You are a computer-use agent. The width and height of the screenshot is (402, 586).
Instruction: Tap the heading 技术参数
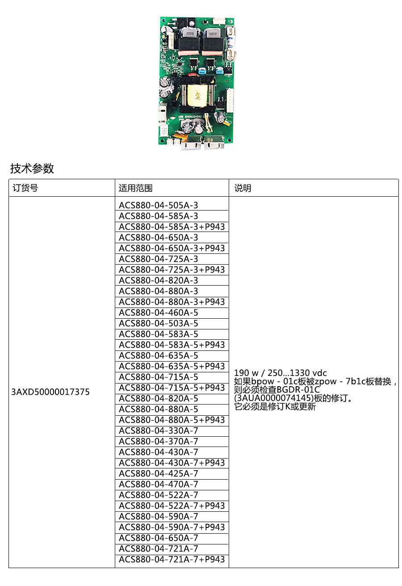[x=32, y=169]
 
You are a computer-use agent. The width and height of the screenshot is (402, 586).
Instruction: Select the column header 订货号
[x=25, y=188]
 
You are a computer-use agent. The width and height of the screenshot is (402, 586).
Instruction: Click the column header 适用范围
[x=135, y=188]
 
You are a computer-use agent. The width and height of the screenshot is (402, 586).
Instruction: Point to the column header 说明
[x=243, y=188]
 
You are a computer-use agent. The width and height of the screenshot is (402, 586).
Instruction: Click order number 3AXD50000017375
[x=50, y=392]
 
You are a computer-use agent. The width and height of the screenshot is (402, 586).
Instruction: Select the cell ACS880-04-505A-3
[x=158, y=205]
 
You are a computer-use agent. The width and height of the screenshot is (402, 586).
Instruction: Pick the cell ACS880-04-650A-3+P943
[x=172, y=248]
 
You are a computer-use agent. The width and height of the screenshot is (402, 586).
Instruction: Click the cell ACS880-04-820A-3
[x=158, y=280]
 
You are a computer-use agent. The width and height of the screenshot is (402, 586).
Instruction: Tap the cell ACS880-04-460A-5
[x=158, y=312]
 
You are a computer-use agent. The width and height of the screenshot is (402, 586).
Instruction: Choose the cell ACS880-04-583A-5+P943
[x=172, y=345]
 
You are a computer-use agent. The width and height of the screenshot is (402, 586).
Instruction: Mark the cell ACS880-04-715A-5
[x=158, y=377]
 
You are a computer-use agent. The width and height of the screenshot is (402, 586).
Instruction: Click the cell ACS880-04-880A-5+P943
[x=172, y=420]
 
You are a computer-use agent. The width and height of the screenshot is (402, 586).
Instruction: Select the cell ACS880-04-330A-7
[x=158, y=430]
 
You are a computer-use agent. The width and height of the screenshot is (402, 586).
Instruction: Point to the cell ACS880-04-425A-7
[x=158, y=473]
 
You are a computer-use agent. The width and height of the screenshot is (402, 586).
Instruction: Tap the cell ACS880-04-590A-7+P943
[x=172, y=527]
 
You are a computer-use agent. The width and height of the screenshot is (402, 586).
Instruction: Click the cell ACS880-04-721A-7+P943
[x=172, y=559]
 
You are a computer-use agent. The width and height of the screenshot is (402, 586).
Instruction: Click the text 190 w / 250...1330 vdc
[x=281, y=373]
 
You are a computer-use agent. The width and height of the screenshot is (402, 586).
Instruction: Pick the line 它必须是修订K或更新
[x=275, y=407]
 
